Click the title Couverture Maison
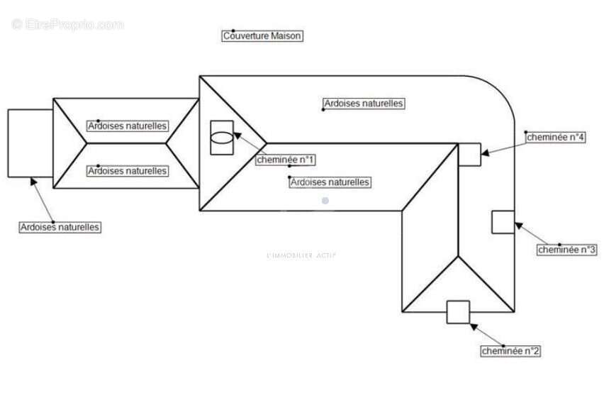(x=262, y=36)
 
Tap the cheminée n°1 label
(x=286, y=160)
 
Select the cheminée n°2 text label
(x=511, y=350)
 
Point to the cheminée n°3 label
(x=567, y=249)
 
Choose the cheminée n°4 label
(x=555, y=138)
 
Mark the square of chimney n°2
(x=458, y=312)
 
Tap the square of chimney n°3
(x=503, y=222)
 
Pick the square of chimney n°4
(x=469, y=154)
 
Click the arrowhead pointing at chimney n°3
(x=518, y=225)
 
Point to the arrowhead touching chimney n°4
(x=484, y=151)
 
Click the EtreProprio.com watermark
(x=68, y=25)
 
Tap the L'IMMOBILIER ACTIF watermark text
(x=301, y=255)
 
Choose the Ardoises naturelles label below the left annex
(x=60, y=228)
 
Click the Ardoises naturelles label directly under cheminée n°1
(x=330, y=182)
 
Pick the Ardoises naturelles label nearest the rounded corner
(x=364, y=104)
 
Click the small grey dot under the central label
(x=325, y=201)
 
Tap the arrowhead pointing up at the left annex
(x=33, y=181)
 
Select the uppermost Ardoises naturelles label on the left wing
(x=128, y=126)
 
